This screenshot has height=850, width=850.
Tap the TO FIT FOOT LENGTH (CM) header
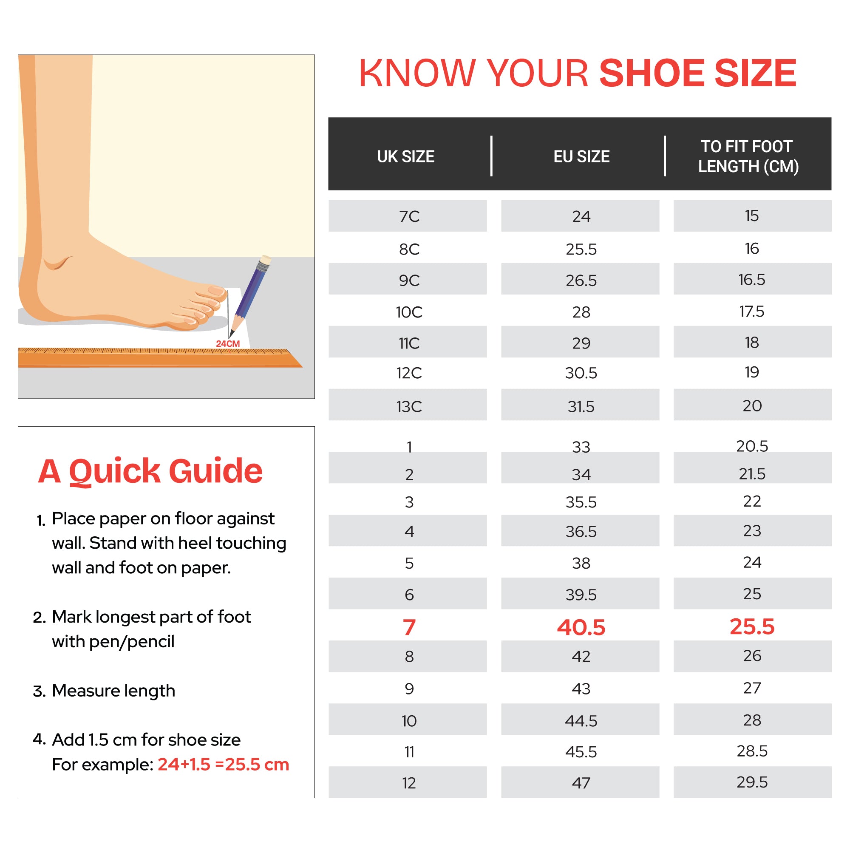click(x=748, y=156)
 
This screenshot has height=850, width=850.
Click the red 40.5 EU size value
click(x=581, y=627)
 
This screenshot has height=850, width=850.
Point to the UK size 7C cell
click(x=409, y=216)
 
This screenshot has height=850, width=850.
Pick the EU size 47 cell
click(x=581, y=783)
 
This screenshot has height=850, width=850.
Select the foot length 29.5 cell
click(x=752, y=782)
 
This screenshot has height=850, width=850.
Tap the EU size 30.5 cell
click(x=581, y=373)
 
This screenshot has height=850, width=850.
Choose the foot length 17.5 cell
click(x=752, y=312)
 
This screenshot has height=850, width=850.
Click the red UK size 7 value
click(x=409, y=627)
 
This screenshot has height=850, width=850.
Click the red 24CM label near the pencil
click(x=228, y=343)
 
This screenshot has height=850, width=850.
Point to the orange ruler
click(x=159, y=359)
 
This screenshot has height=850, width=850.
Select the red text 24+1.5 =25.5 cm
click(x=223, y=765)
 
